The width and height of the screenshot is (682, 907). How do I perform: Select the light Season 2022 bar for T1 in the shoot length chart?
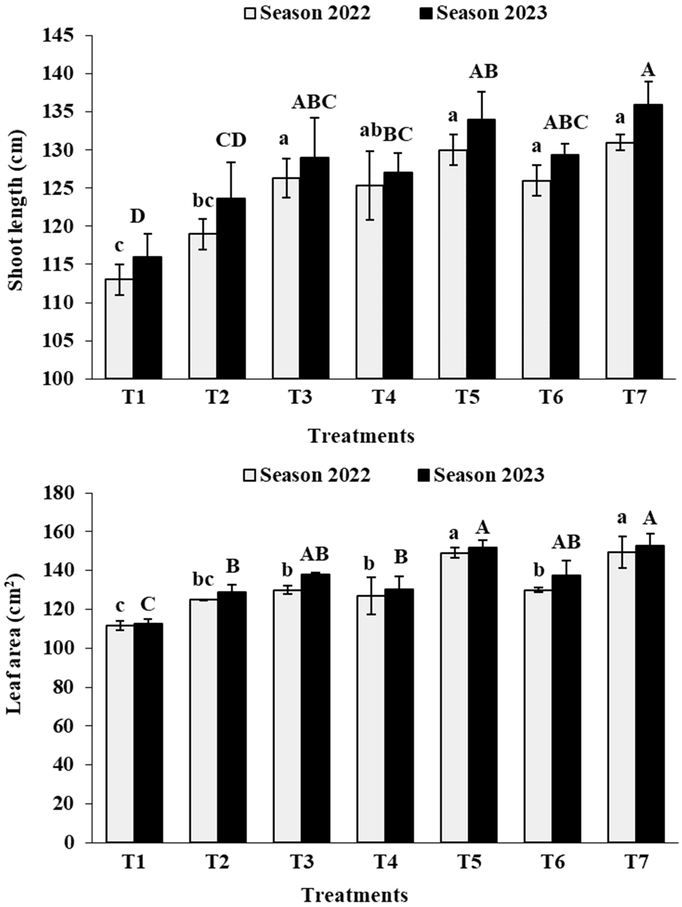[119, 328]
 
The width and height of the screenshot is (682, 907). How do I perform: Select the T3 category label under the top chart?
[301, 398]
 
